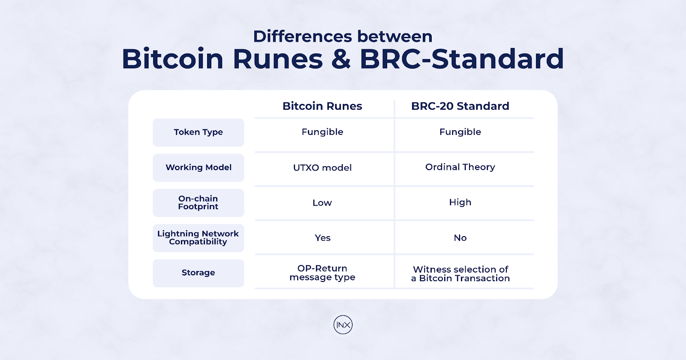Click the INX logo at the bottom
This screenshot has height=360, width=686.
[343, 325]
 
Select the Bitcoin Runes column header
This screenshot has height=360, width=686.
[322, 106]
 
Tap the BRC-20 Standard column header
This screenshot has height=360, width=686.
[460, 106]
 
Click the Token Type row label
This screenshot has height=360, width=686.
[199, 132]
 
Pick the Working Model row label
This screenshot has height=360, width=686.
[199, 168]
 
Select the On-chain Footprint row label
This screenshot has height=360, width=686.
[199, 203]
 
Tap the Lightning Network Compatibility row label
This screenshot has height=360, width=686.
[199, 238]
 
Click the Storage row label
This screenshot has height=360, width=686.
[199, 273]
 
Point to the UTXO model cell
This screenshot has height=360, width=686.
[322, 168]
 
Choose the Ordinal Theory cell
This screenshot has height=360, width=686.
[460, 167]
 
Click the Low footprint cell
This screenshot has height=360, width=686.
[322, 203]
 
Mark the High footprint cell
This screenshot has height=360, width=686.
[460, 202]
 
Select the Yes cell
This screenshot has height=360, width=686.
[322, 238]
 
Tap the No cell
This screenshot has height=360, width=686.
[460, 238]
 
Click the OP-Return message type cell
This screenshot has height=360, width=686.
[322, 273]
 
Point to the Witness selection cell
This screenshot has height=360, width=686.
[460, 274]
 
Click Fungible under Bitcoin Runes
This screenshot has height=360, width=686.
[322, 132]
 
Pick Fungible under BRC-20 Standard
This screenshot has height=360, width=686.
[460, 132]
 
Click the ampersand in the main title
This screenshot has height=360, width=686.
[341, 59]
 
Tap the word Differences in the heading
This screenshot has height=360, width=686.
[302, 36]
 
